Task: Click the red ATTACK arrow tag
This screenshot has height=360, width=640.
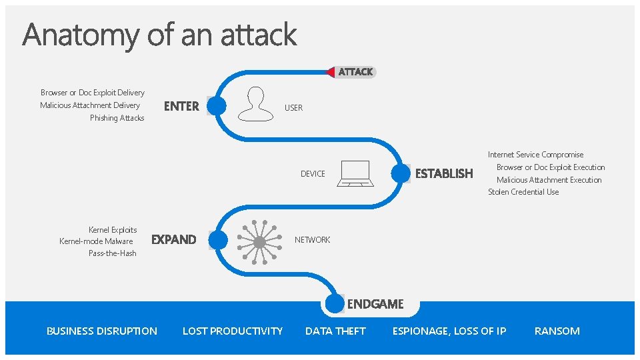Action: pos(351,71)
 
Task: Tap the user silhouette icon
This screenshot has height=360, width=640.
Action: pos(256,104)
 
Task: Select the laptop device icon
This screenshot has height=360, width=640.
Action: pos(356,173)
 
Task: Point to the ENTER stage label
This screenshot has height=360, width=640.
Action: pos(181,106)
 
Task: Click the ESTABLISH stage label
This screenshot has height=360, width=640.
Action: pos(443,173)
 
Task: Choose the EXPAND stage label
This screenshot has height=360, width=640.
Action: pos(174,239)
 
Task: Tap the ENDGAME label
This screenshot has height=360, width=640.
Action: pos(375,304)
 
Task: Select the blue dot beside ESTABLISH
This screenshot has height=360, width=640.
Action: pos(401,173)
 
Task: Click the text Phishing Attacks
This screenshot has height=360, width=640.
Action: pos(117,118)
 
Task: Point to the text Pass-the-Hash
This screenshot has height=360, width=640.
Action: pos(112,253)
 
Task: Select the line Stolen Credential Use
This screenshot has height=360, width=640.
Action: pos(523,192)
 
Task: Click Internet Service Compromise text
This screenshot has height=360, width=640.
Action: pos(535,155)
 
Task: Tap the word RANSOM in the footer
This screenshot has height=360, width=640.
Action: pos(557,331)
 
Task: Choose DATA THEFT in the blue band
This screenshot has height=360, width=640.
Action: pos(335,331)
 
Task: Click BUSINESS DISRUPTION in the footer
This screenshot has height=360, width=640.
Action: pos(102,331)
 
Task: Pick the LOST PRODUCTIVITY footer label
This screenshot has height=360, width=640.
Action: pos(233,331)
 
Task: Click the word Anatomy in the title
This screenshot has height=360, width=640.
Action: pos(79,35)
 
